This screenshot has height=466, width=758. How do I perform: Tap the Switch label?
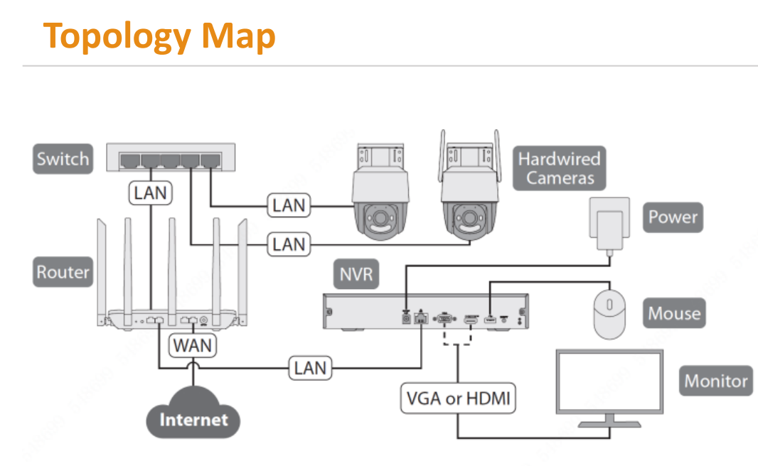tap(63, 158)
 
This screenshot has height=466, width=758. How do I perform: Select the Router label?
tap(63, 272)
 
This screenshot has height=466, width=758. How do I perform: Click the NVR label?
tap(356, 273)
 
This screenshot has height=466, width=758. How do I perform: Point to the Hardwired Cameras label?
tap(559, 168)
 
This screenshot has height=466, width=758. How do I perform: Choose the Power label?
tap(673, 217)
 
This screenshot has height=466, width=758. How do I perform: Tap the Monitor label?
tap(716, 381)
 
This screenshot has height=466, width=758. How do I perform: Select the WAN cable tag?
tap(193, 346)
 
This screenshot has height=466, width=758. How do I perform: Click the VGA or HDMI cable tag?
tap(458, 399)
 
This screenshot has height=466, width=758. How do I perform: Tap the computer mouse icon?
tap(609, 313)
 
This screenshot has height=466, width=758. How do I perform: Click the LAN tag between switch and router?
tap(151, 192)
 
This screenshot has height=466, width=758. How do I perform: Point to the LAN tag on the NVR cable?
tap(310, 368)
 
